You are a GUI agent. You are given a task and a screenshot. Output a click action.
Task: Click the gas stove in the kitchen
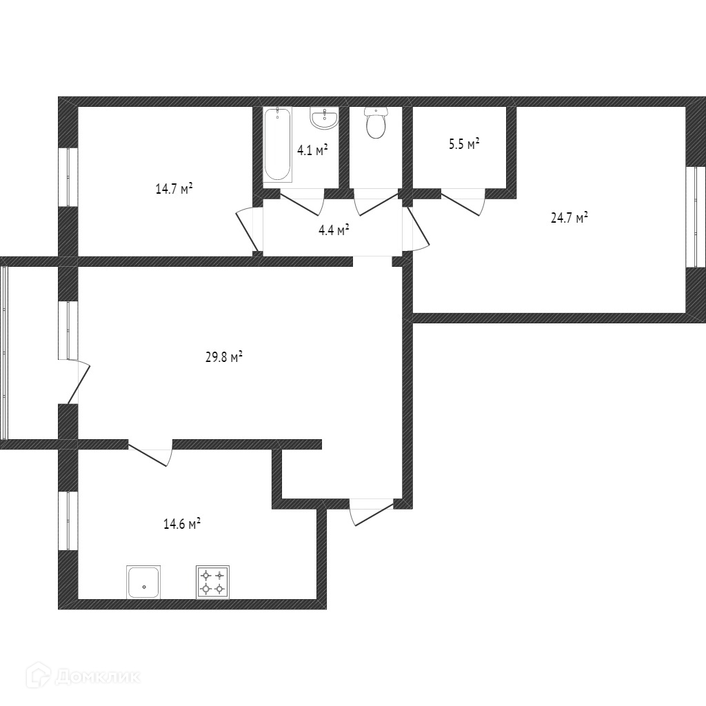click(x=213, y=582)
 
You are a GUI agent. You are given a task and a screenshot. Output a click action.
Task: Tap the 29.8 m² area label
click(x=224, y=358)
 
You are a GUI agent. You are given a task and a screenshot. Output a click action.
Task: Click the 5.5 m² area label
click(x=463, y=144)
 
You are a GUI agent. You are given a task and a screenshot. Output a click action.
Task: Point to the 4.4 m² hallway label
click(x=333, y=230)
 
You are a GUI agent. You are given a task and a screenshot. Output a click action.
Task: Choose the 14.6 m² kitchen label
click(x=181, y=524)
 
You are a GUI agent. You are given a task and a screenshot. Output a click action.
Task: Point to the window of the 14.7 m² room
click(x=68, y=176)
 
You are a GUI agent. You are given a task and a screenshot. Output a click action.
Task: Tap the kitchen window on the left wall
click(x=68, y=521)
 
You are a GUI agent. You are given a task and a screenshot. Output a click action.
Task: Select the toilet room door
click(x=376, y=203)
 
